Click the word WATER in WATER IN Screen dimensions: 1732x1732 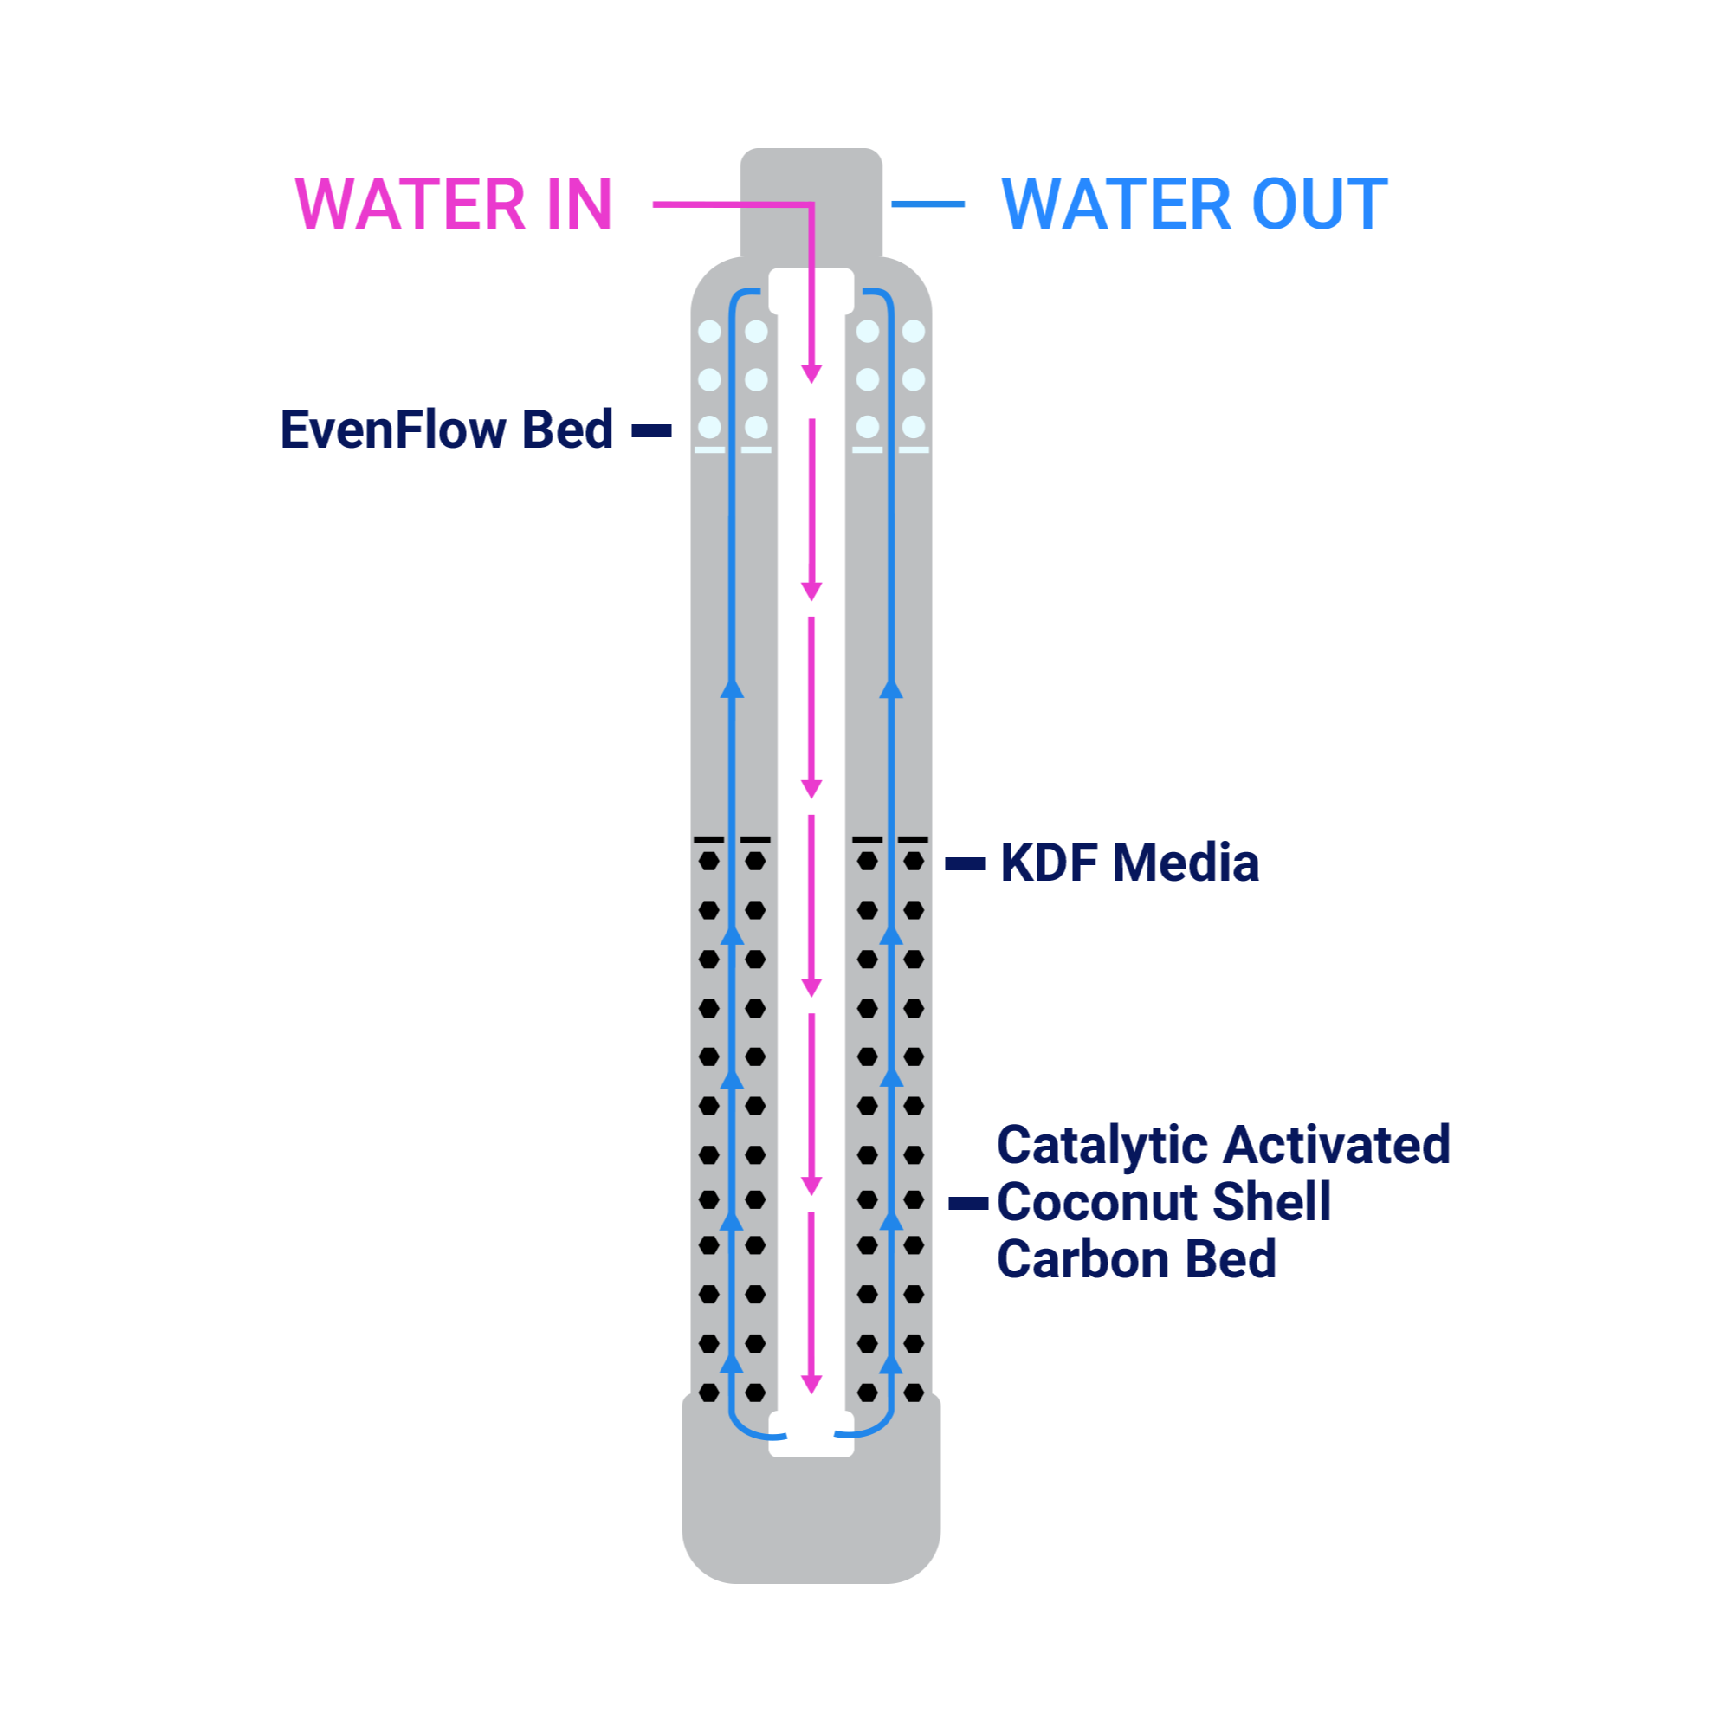coord(410,204)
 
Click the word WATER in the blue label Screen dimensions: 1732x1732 coord(1116,204)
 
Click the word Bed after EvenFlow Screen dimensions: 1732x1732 coord(567,430)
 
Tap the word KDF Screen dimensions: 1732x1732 coord(1049,863)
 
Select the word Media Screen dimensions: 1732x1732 coord(1186,863)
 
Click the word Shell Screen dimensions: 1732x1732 coord(1272,1201)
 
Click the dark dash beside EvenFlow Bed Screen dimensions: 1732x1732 coord(652,431)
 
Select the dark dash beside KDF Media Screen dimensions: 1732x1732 coord(966,864)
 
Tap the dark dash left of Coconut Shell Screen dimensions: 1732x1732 coord(968,1203)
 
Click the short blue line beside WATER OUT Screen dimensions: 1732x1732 coord(927,204)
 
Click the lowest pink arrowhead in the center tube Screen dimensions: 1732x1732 coord(811,1384)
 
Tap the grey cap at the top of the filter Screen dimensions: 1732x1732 coord(811,204)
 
